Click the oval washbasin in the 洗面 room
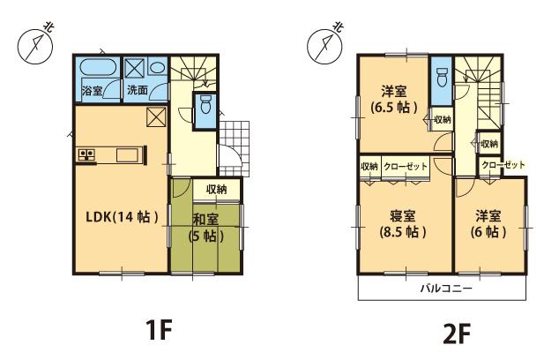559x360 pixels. pos(155,67)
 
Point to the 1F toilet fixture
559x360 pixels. pos(205,107)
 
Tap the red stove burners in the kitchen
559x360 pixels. pos(88,155)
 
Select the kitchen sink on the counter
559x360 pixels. pos(125,156)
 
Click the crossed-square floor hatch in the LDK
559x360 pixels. pos(154,116)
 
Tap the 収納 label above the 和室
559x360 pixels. pos(217,189)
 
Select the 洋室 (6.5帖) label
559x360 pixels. pos(394,99)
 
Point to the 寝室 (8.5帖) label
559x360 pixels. pos(403,224)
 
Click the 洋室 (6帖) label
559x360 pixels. pos(489,224)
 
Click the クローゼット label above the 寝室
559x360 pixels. pos(405,167)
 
